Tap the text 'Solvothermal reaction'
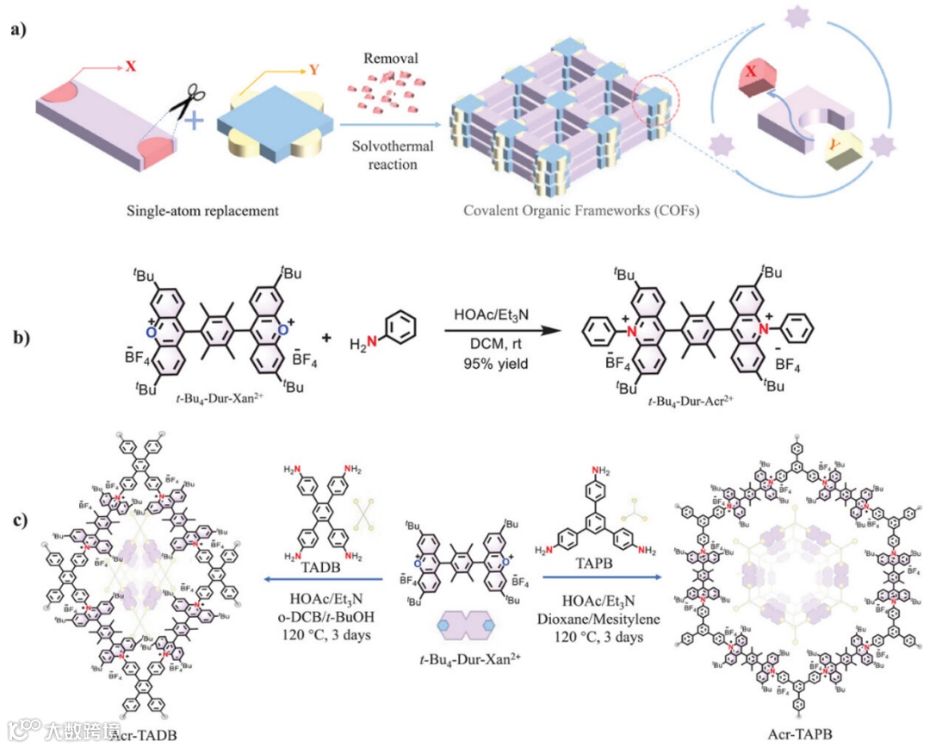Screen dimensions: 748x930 point(392,155)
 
